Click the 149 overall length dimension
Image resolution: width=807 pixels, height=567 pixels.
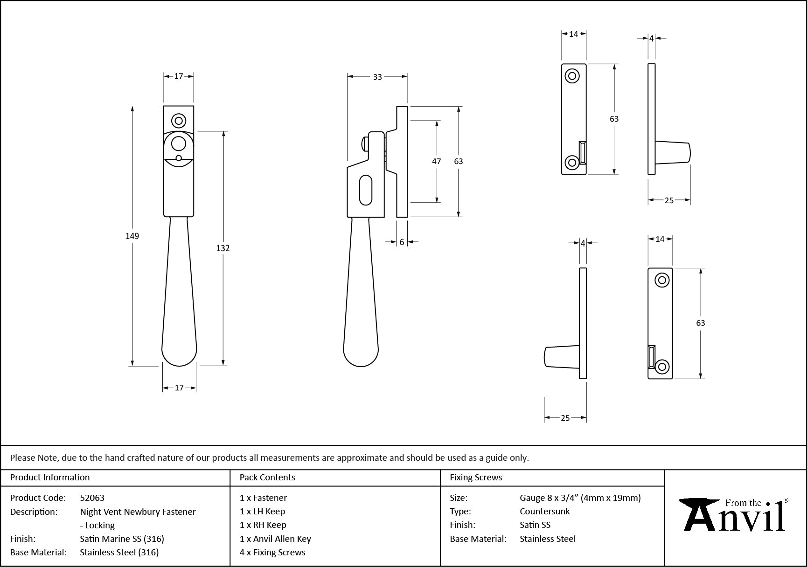[x=132, y=236]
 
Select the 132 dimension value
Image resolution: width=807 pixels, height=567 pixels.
[x=223, y=248]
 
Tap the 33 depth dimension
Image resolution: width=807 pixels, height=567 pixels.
[x=377, y=77]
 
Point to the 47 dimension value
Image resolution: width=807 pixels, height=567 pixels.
[x=436, y=161]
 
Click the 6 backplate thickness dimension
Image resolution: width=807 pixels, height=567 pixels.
[x=402, y=242]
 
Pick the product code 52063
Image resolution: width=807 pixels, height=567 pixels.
[x=92, y=498]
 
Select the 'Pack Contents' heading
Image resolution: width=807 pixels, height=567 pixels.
[x=267, y=478]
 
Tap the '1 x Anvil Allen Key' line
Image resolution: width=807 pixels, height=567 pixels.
[x=275, y=539]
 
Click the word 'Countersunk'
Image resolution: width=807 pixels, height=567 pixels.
[x=545, y=511]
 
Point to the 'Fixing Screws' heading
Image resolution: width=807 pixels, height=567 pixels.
[x=476, y=478]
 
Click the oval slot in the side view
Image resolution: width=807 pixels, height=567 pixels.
[x=366, y=190]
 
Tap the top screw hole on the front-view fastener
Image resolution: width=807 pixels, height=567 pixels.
[x=179, y=121]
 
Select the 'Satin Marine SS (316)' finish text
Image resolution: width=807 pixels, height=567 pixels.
[x=122, y=539]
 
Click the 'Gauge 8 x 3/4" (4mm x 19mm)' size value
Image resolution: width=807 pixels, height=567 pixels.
[x=580, y=498]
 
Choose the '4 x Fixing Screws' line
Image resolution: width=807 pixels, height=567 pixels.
[x=272, y=552]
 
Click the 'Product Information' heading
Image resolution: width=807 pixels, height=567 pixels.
[x=50, y=478]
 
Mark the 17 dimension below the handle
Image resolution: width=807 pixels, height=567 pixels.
[x=179, y=388]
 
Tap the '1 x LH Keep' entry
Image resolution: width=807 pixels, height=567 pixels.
[x=262, y=511]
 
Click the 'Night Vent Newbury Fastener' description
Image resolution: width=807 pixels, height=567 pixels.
[x=138, y=512]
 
